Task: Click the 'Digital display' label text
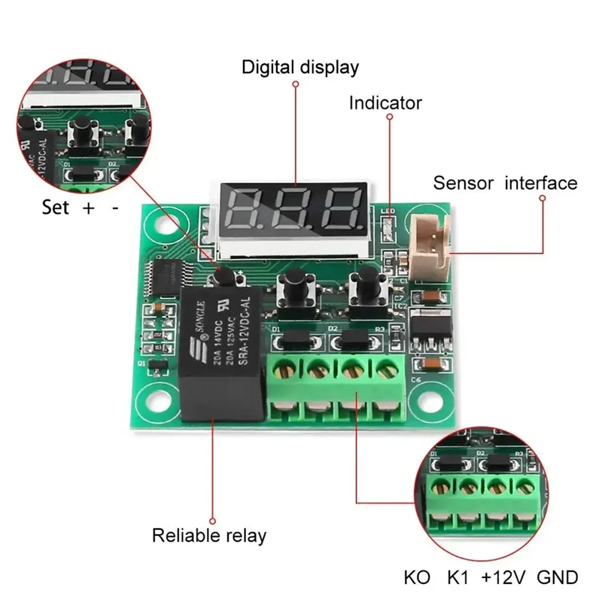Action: tap(300, 67)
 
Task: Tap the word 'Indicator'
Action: tap(385, 103)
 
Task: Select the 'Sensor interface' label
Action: tap(505, 183)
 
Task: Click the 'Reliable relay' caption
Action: tap(209, 536)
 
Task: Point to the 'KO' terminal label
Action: tap(417, 577)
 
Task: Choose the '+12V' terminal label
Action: tap(503, 577)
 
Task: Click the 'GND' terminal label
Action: tap(558, 577)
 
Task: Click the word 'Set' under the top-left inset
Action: tap(56, 208)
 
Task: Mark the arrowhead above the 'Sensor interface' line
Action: tap(541, 197)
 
